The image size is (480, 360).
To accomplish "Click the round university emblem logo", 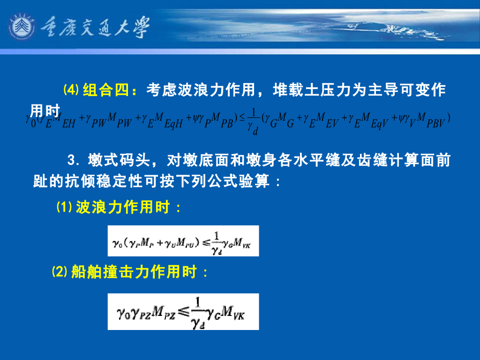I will click(x=22, y=27).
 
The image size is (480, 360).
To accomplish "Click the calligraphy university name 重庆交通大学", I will click(x=94, y=27).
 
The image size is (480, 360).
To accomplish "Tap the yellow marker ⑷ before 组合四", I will click(x=71, y=89).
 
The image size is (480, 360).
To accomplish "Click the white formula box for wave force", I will click(x=183, y=241).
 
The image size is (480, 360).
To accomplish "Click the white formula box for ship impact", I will click(x=183, y=311).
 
